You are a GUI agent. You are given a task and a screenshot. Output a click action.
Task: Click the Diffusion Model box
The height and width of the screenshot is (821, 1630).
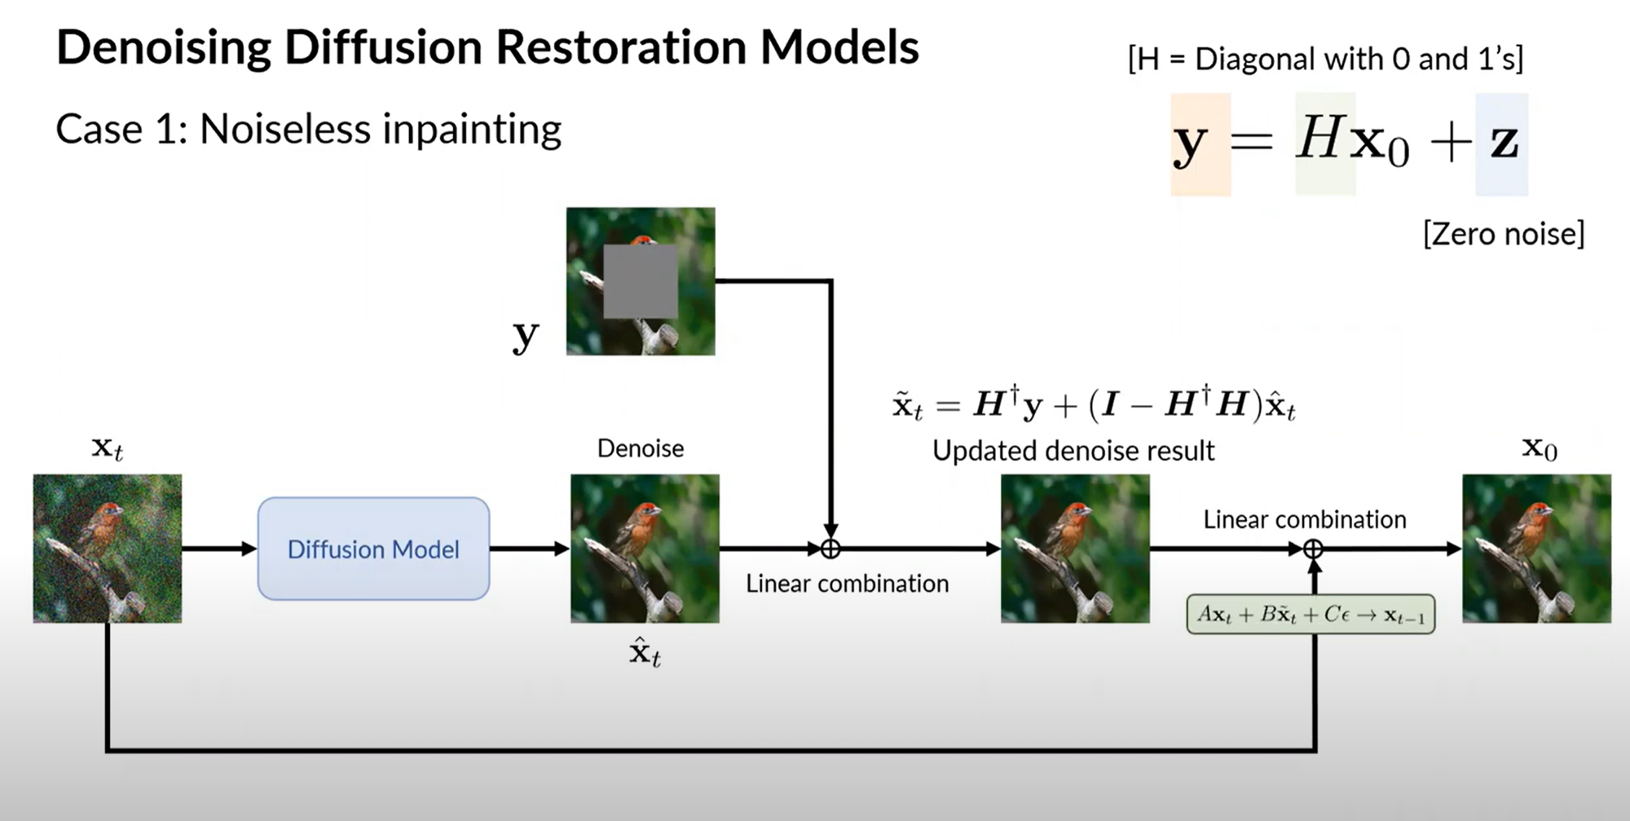373,549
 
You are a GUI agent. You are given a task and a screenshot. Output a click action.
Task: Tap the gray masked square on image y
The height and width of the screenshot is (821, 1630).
640,281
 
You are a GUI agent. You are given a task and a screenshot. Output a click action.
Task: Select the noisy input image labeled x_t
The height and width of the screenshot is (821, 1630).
107,549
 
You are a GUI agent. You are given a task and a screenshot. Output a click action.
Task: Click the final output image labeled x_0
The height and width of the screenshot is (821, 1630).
1536,549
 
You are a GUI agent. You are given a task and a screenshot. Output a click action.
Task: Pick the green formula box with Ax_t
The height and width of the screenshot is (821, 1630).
1311,615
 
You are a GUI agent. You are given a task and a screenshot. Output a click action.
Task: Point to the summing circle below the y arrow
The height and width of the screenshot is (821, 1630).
830,549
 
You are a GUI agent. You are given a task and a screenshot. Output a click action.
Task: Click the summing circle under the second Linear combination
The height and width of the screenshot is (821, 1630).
1313,549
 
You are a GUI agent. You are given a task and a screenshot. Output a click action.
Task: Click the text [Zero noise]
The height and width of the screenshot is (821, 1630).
1504,234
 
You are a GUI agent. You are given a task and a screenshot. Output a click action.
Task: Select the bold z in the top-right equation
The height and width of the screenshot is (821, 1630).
1504,143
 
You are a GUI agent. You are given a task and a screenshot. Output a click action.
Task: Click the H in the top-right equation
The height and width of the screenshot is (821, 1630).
1320,139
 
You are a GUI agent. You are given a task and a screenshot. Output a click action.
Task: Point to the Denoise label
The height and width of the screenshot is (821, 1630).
641,448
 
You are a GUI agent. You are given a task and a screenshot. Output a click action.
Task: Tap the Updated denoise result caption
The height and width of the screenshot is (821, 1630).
1073,451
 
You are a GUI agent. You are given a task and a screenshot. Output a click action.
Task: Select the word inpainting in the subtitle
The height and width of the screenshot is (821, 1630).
472,129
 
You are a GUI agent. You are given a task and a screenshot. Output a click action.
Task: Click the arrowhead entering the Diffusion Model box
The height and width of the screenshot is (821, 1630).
249,549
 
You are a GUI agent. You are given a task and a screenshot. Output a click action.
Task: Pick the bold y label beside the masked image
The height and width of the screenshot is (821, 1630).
526,334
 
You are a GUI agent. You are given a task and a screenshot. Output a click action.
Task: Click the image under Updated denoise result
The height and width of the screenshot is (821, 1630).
1075,549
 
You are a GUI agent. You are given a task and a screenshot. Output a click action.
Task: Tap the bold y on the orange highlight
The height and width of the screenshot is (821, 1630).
1190,145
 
